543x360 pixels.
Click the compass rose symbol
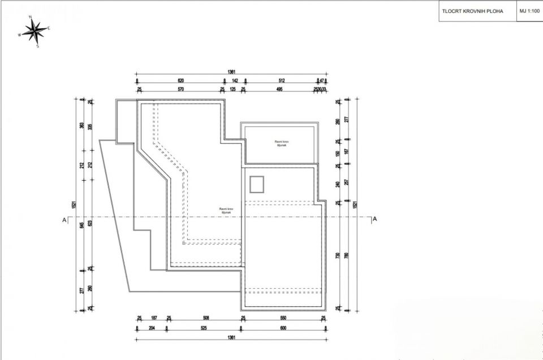pyautogui.click(x=35, y=30)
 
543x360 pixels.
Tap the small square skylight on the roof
pyautogui.click(x=257, y=185)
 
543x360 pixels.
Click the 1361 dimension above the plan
pyautogui.click(x=231, y=72)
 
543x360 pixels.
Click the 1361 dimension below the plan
pyautogui.click(x=231, y=338)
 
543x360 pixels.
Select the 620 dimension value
pyautogui.click(x=181, y=81)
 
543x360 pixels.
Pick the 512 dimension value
pyautogui.click(x=282, y=81)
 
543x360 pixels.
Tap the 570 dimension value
pyautogui.click(x=181, y=89)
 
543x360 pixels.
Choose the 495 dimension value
pyautogui.click(x=279, y=89)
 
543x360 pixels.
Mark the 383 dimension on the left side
pyautogui.click(x=83, y=126)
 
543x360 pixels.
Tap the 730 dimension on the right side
pyautogui.click(x=338, y=256)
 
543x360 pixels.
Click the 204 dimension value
pyautogui.click(x=152, y=328)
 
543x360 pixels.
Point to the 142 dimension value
pyautogui.click(x=235, y=81)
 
